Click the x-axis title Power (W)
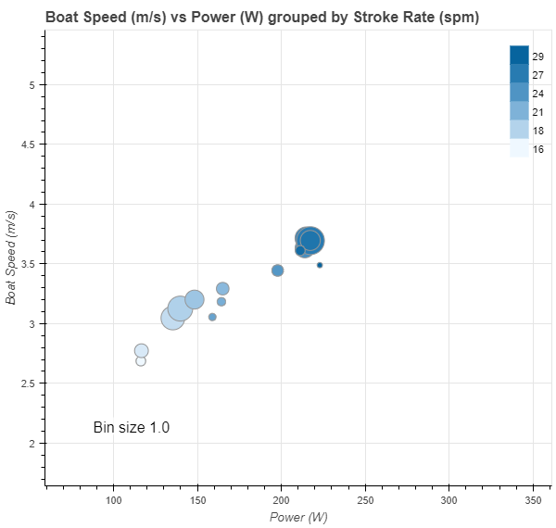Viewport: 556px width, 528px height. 298,517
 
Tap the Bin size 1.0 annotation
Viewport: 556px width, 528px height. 132,427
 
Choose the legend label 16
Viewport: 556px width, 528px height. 538,149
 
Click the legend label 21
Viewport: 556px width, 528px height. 538,112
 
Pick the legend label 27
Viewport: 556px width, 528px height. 538,75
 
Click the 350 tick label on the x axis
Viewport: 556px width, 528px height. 534,500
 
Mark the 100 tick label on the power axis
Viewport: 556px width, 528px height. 114,500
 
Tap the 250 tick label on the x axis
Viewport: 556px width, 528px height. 365,500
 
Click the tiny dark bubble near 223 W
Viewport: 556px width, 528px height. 320,265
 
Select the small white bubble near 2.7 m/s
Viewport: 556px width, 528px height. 141,361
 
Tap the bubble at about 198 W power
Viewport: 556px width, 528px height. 277,270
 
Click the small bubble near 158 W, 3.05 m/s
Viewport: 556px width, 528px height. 212,317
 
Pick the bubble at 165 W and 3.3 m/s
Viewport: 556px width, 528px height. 222,288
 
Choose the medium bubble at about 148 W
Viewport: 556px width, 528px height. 195,299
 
